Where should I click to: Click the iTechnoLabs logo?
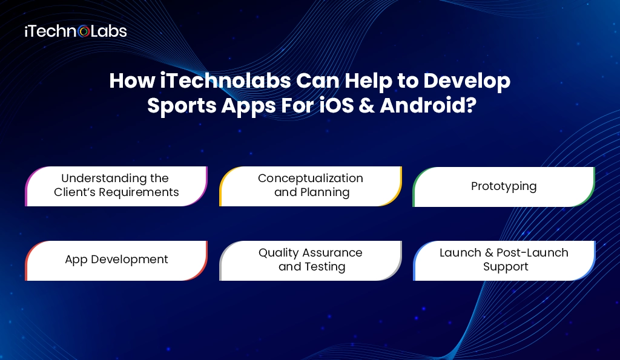point(75,31)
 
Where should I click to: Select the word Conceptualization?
point(311,178)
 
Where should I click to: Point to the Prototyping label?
point(504,186)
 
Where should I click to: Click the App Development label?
point(116,260)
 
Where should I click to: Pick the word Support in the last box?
point(506,267)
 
